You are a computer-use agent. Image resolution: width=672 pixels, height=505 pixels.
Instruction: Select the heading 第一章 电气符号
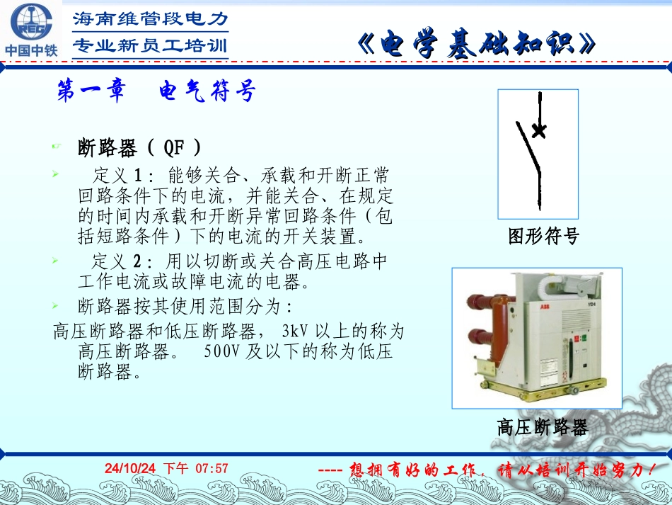(x=155, y=91)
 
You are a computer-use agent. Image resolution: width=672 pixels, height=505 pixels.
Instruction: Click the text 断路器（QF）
(x=139, y=148)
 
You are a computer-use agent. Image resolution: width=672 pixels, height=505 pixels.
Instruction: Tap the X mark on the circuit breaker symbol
(x=539, y=130)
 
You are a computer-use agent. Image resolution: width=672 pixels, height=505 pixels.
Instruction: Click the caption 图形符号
(x=544, y=237)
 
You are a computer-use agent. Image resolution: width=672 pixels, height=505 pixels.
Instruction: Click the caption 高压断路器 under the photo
(x=543, y=427)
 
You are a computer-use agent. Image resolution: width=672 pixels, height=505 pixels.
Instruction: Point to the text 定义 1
(x=118, y=174)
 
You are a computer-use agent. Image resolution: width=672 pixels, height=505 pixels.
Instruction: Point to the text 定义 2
(x=118, y=261)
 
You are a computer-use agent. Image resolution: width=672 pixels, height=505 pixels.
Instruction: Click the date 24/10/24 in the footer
(x=129, y=468)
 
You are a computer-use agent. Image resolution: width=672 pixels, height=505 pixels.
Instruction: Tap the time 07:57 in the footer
(x=212, y=468)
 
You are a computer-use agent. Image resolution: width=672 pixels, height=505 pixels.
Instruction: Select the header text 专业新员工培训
(x=151, y=46)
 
